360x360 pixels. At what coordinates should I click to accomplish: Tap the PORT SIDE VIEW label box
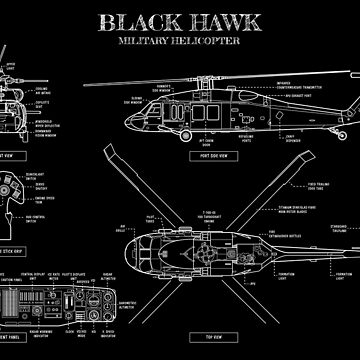click(x=221, y=156)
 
